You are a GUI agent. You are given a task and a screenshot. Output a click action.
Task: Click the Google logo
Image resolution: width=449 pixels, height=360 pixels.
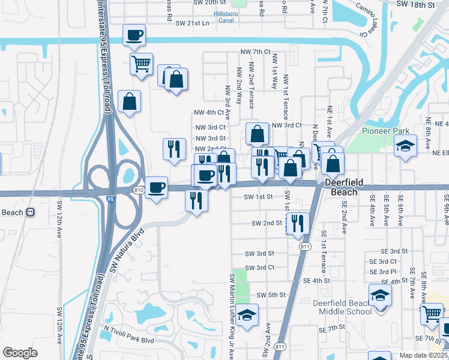coord(20,353)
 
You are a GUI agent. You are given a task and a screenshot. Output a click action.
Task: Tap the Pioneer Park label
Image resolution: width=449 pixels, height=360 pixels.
coord(385,131)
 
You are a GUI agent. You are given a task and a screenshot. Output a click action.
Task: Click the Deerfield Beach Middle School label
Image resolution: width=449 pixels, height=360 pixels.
coord(342,307)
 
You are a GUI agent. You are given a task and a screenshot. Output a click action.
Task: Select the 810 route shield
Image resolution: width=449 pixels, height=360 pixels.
coord(138,190)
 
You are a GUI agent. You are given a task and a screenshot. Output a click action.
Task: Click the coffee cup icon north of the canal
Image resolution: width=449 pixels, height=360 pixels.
coord(134,35)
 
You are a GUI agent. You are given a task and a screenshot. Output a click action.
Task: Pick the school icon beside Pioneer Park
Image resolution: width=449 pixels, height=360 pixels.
coord(405,146)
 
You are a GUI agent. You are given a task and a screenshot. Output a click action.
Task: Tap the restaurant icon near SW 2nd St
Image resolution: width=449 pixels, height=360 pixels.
coord(297,223)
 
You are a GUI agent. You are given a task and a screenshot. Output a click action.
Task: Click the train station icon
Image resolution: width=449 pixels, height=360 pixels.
coord(29,212)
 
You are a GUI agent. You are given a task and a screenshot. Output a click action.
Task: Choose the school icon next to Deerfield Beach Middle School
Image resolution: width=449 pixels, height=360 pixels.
coord(379,295)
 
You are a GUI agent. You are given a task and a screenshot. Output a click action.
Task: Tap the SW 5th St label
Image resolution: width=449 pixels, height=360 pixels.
coord(270,295)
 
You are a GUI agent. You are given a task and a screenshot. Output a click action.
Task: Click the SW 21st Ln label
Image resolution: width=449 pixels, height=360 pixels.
coord(192,23)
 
